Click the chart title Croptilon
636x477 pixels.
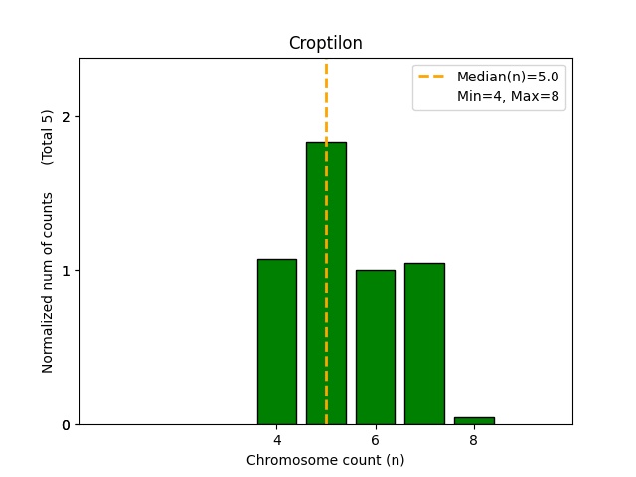pos(325,43)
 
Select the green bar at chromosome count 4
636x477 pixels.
pos(276,342)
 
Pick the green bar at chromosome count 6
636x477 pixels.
pos(375,347)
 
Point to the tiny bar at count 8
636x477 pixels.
pos(473,420)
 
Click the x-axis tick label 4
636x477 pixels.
pos(276,440)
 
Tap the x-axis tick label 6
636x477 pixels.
pos(375,440)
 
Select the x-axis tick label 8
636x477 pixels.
pos(473,440)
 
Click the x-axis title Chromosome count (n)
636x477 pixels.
pos(325,460)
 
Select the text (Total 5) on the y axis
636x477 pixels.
pos(48,137)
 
